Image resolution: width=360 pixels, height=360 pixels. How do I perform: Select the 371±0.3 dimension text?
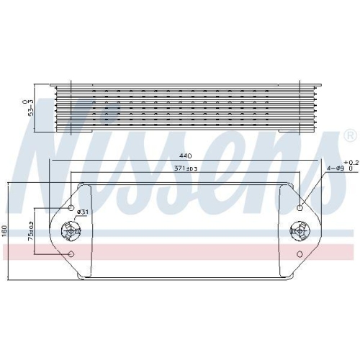[185, 168]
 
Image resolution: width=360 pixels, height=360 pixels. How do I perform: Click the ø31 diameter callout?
[82, 212]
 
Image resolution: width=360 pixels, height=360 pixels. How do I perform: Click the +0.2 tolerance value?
[349, 162]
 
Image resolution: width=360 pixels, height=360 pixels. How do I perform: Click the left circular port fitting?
[72, 232]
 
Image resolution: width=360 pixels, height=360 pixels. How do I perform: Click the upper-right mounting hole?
[300, 208]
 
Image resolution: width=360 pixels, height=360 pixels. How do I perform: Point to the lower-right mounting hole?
[300, 253]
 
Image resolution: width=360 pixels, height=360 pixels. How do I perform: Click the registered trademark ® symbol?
[349, 135]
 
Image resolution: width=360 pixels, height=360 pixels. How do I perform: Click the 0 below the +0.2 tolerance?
[351, 168]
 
